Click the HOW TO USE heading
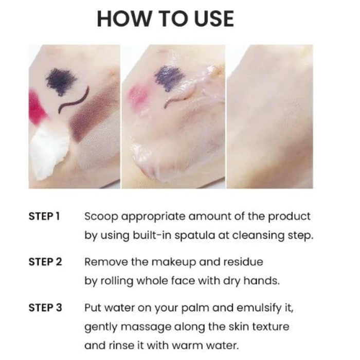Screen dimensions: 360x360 click(x=165, y=19)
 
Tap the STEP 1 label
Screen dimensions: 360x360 click(x=44, y=217)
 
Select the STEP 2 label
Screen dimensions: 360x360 click(x=45, y=262)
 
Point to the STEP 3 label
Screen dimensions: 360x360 click(x=45, y=308)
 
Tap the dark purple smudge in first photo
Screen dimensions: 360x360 click(x=61, y=81)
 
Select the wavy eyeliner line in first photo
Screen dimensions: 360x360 click(x=73, y=100)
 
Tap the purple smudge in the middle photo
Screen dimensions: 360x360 click(x=170, y=78)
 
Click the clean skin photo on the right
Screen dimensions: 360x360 click(x=270, y=117)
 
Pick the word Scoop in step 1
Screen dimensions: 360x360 click(x=101, y=217)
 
